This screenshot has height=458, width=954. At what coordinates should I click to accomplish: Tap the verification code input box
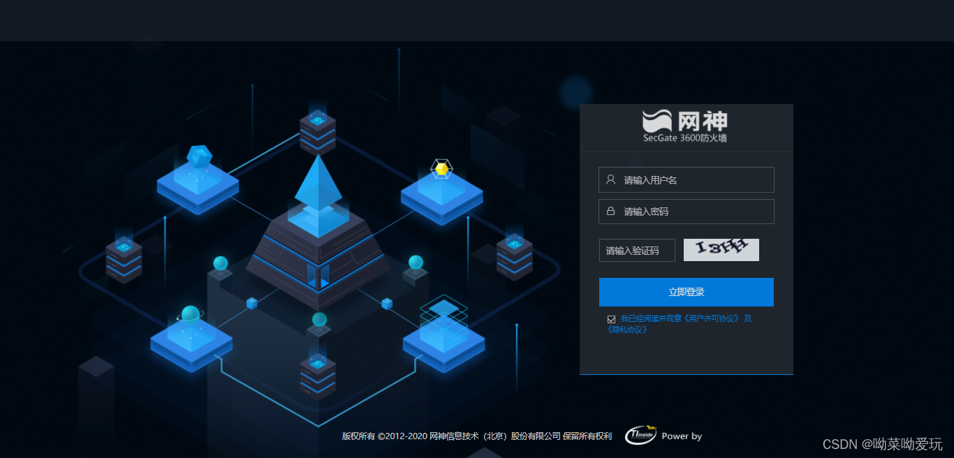click(x=637, y=251)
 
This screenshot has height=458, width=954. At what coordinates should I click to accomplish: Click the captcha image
click(x=721, y=250)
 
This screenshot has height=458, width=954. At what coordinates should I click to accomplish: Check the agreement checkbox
click(x=612, y=319)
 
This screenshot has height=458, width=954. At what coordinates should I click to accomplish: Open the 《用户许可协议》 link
click(x=712, y=318)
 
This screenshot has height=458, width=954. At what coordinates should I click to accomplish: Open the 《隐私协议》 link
click(x=627, y=330)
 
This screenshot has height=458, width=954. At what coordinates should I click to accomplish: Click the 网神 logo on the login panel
click(x=685, y=121)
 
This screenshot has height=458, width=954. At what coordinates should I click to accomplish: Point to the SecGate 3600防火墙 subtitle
click(x=685, y=138)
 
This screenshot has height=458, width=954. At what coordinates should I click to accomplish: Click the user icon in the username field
click(x=610, y=180)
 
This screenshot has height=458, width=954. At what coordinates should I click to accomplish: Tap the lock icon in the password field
click(x=610, y=212)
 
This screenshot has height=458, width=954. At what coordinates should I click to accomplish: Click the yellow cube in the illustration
click(x=441, y=169)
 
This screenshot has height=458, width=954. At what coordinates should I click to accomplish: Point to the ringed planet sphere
click(x=190, y=315)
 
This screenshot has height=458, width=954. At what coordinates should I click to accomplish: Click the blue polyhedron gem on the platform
click(x=199, y=156)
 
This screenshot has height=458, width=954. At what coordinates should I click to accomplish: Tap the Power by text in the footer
click(x=682, y=436)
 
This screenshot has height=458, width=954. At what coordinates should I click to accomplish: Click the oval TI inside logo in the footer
click(x=640, y=435)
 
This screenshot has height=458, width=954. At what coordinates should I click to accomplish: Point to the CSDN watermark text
click(x=882, y=444)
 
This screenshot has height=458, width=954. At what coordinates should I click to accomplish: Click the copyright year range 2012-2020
click(x=406, y=436)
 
